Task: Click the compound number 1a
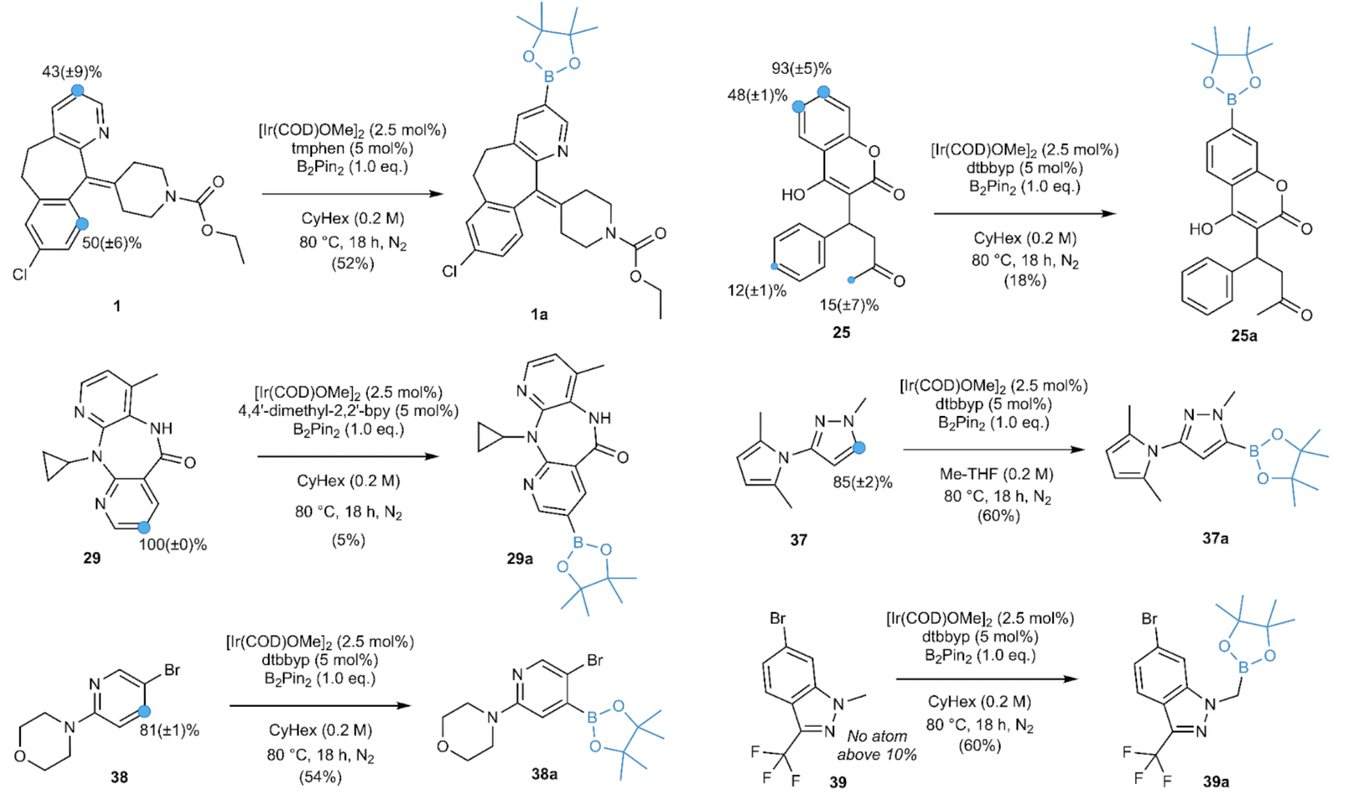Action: [x=539, y=315]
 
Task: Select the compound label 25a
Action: [x=1244, y=336]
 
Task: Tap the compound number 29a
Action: [x=520, y=558]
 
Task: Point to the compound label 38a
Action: [x=545, y=774]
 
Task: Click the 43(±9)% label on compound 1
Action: [x=72, y=72]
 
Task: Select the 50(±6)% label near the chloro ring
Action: [x=112, y=243]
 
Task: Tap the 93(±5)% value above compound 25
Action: [x=801, y=68]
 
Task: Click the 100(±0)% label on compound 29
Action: [x=173, y=544]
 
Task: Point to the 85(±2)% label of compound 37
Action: [x=862, y=482]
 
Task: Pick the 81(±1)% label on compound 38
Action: [x=169, y=730]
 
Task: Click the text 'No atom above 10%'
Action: [x=877, y=745]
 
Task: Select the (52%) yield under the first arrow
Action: [x=352, y=264]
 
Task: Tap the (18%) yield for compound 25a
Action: [x=1024, y=281]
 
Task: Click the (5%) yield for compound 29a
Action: [x=348, y=540]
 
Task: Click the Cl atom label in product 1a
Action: [x=450, y=272]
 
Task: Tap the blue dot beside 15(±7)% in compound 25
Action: [x=851, y=280]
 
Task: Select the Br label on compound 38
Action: [x=172, y=670]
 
